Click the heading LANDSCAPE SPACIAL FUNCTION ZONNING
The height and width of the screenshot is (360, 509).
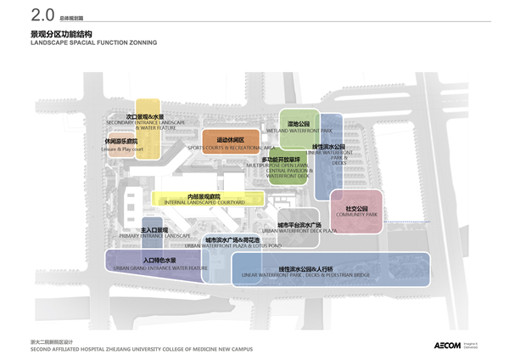click(81, 42)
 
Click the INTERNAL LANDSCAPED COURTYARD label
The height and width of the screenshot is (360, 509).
click(199, 204)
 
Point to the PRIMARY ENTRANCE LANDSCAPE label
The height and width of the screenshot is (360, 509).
click(154, 238)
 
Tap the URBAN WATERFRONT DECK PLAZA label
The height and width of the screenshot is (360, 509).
click(291, 230)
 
